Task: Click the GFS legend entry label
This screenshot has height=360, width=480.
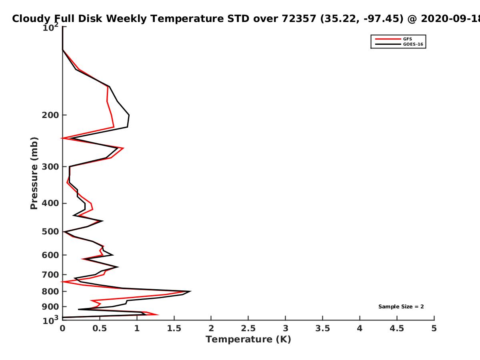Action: pos(407,39)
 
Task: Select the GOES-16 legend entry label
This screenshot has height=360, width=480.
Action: pos(413,44)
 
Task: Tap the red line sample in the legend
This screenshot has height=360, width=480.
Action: pos(388,39)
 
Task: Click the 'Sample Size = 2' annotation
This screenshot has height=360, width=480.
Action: pos(401,307)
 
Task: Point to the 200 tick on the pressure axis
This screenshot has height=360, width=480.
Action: pos(50,115)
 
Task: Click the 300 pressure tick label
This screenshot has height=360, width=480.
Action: pos(50,167)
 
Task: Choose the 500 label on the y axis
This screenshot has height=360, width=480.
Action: pos(50,232)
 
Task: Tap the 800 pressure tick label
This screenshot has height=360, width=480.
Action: pos(50,291)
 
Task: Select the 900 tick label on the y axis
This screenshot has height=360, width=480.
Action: pos(50,307)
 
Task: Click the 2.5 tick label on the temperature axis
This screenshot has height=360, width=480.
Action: pos(248,328)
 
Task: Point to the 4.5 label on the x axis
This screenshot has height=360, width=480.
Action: pos(397,328)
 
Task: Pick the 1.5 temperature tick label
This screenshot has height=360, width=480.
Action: pos(174,328)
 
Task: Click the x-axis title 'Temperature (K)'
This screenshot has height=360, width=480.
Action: pos(248,340)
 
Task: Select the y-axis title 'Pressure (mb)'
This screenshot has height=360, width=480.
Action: pos(34,173)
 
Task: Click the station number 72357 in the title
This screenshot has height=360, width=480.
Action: pos(299,19)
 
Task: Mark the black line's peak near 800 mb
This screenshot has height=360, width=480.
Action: pos(191,291)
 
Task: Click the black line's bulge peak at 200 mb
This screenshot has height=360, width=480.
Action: pos(129,115)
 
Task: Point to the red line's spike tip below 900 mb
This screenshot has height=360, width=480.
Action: pos(158,315)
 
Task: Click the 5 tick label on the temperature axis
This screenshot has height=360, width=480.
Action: pos(434,328)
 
